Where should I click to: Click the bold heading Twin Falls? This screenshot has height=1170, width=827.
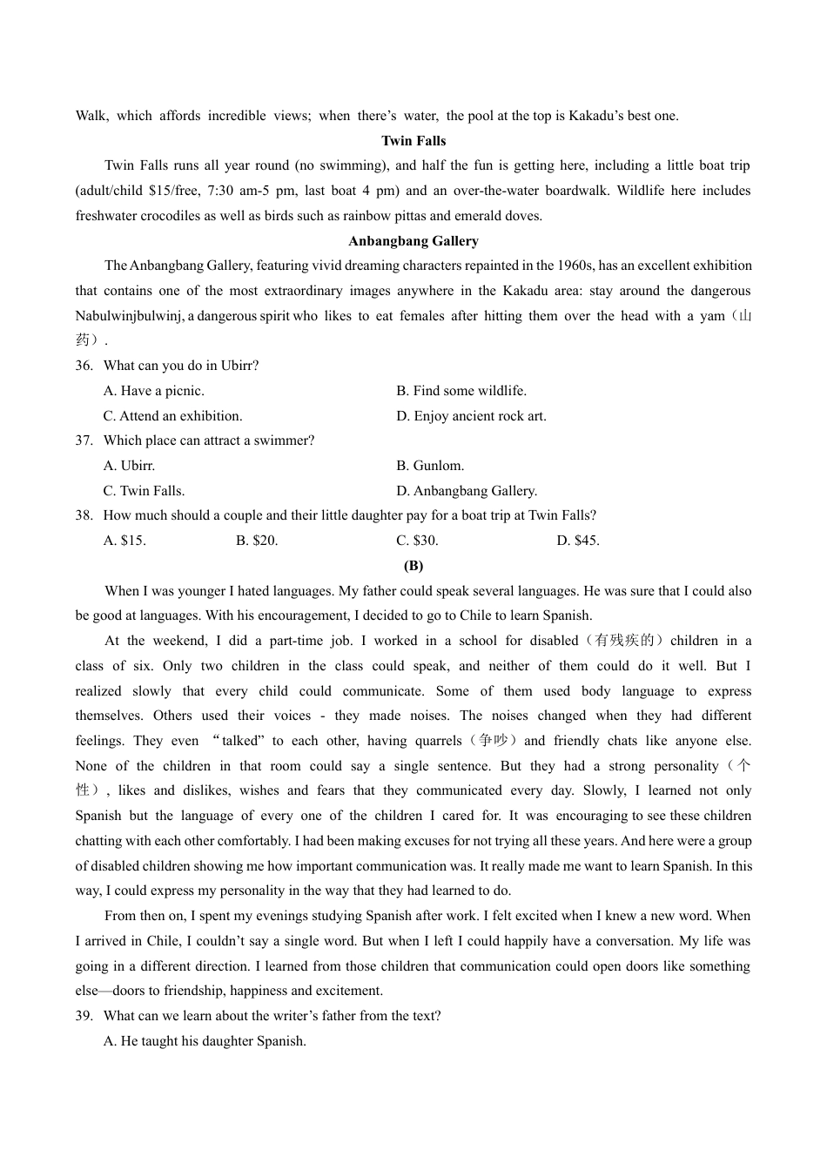click(x=413, y=141)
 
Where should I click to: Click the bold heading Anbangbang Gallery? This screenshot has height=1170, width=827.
click(x=413, y=241)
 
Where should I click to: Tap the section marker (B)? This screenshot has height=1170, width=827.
click(x=413, y=566)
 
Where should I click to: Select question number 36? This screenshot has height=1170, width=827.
click(x=84, y=366)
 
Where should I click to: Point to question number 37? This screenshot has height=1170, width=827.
click(x=84, y=440)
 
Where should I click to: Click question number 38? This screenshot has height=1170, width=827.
click(x=84, y=515)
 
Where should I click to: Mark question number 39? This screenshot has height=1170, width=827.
click(x=84, y=1016)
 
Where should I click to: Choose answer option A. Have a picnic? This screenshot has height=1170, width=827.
click(x=154, y=391)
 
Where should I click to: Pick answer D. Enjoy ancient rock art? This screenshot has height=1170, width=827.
click(x=471, y=416)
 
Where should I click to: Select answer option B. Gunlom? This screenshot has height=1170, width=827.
click(x=430, y=466)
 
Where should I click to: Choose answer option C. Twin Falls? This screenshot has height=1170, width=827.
click(x=144, y=491)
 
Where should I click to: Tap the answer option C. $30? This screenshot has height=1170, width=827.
click(x=417, y=541)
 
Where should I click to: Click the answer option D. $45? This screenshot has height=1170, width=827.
click(x=578, y=541)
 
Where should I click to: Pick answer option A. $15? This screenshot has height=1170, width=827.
click(x=124, y=541)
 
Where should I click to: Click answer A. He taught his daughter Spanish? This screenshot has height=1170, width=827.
click(x=205, y=1041)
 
